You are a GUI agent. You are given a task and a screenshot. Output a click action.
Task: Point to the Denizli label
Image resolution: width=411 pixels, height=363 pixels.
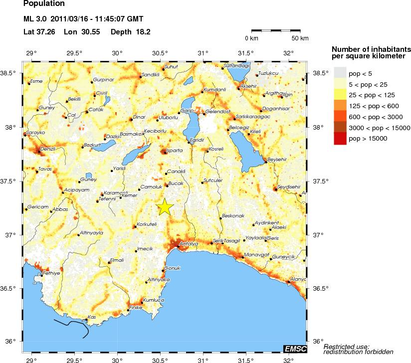pos(34,149)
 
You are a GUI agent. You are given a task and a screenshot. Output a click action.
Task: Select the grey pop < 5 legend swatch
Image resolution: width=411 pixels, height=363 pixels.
pos(339,73)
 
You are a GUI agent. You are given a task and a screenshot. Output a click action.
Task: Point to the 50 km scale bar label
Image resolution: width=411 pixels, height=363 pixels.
pos(300,38)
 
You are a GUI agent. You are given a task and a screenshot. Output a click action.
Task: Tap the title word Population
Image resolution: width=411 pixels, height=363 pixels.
pos(44,4)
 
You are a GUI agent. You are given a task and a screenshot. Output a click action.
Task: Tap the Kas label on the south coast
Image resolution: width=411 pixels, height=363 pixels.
pos(91,317)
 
